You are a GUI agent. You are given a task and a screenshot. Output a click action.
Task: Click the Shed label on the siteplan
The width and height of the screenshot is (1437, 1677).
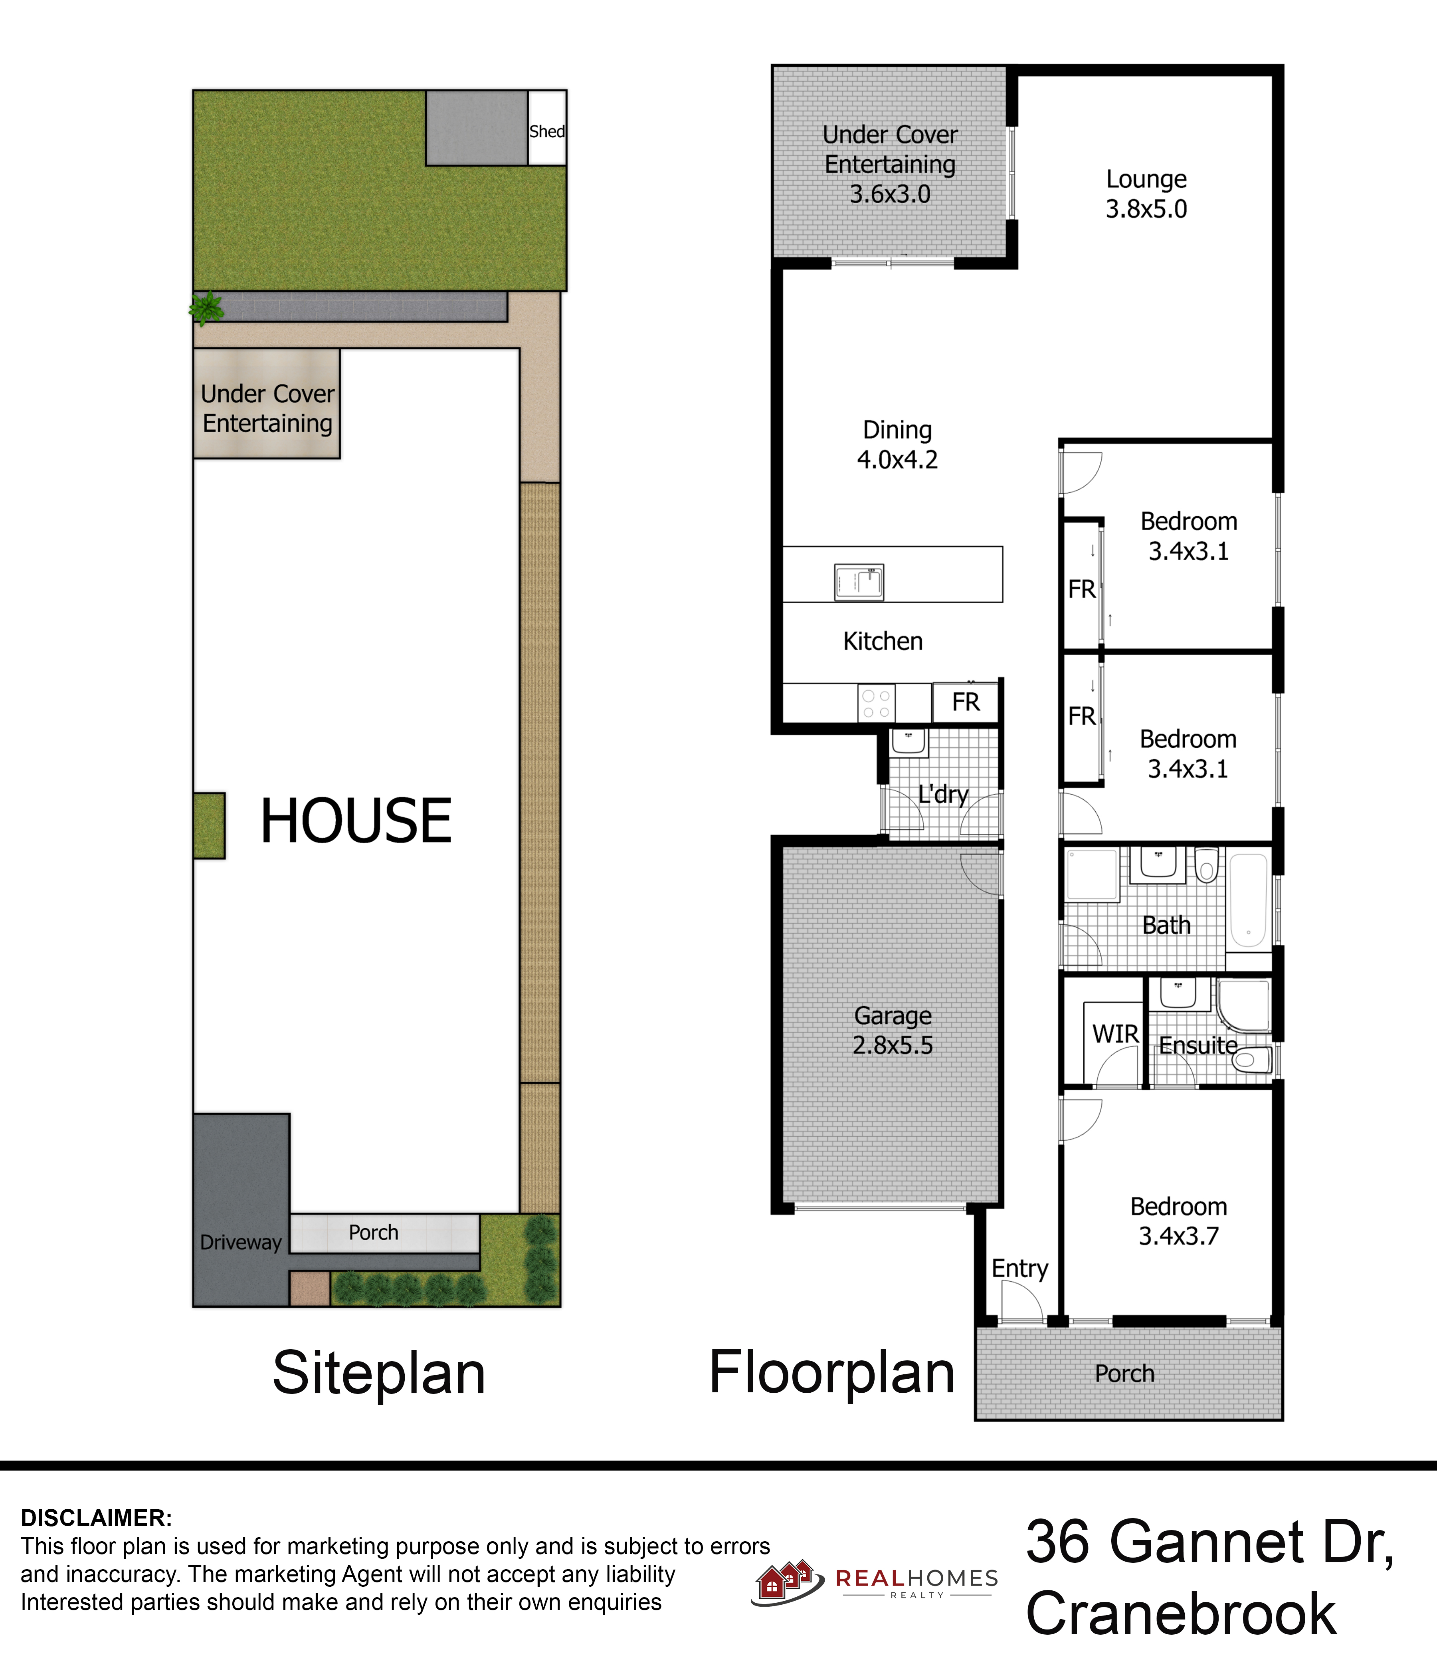[547, 131]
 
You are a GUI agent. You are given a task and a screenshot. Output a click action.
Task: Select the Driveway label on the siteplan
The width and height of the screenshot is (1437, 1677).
[240, 1242]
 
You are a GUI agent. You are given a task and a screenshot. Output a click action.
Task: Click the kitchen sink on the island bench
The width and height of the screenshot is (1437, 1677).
[859, 582]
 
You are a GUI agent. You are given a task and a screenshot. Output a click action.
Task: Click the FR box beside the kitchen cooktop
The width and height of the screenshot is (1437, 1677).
[965, 702]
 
